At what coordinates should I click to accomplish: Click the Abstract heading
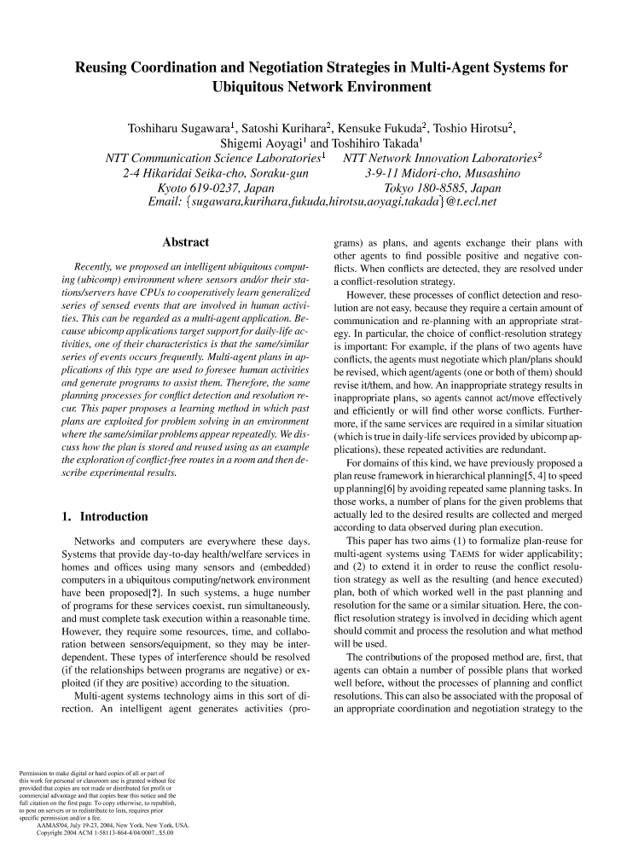(x=185, y=243)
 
